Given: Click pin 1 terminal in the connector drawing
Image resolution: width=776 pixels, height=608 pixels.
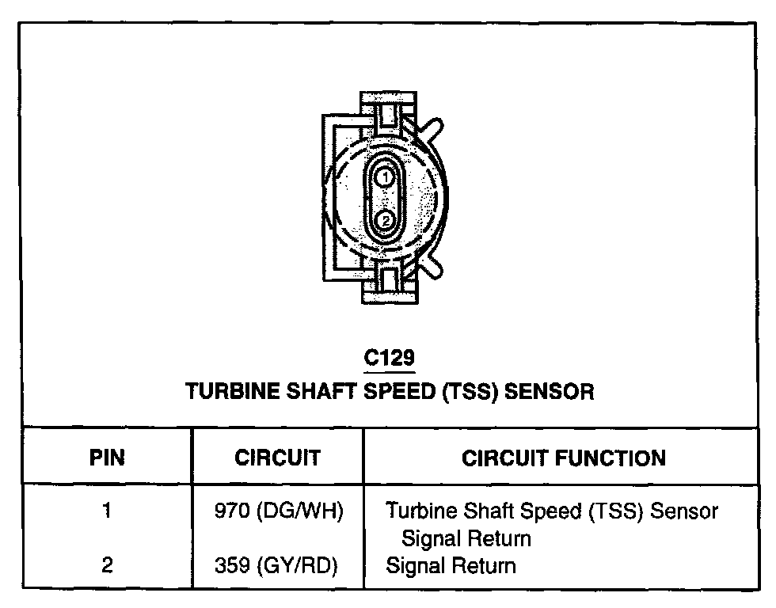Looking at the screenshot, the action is click(x=384, y=178).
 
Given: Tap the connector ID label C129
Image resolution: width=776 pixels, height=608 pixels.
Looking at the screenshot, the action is click(x=389, y=359).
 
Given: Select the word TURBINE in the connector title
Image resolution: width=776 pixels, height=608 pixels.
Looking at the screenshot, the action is click(x=228, y=391).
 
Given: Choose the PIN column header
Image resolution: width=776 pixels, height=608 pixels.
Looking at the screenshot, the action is click(x=106, y=458).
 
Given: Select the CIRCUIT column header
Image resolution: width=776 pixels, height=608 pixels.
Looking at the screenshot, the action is click(x=277, y=458).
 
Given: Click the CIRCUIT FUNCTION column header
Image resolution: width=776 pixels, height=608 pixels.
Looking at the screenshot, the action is click(x=563, y=458).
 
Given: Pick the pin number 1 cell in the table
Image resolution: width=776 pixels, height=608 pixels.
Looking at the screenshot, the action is click(x=106, y=511).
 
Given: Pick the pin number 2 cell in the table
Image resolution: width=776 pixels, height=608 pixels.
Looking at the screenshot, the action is click(x=106, y=565).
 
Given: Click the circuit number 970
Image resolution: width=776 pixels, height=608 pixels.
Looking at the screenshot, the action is click(x=231, y=511).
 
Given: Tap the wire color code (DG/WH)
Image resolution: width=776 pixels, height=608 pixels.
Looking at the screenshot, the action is click(x=299, y=511).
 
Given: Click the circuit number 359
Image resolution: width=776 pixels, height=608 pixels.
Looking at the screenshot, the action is click(x=231, y=566).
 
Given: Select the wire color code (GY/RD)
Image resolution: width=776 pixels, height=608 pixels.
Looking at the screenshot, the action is click(x=299, y=566).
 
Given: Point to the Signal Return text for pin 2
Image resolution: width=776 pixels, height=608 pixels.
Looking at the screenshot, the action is click(x=451, y=566).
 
